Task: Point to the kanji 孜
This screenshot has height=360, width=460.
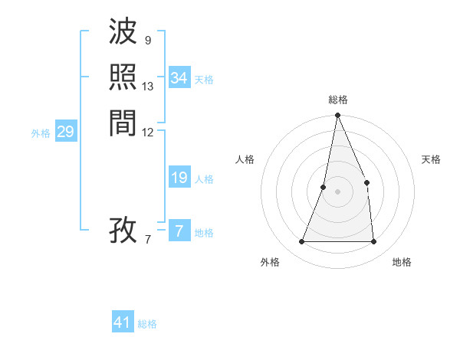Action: click(123, 229)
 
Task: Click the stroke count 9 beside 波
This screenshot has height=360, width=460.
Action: click(147, 41)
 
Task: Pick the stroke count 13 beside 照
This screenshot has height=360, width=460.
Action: click(148, 86)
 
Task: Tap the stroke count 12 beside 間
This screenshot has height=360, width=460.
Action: click(148, 132)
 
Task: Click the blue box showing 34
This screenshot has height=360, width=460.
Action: click(179, 78)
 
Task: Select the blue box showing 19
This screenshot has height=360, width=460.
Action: click(179, 178)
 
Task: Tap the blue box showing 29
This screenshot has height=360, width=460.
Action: click(65, 132)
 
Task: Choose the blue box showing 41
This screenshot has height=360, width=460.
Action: click(123, 322)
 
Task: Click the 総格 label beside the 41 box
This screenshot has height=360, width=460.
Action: click(147, 324)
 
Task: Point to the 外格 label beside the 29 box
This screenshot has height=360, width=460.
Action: click(41, 133)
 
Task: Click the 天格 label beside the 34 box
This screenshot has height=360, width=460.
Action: click(204, 80)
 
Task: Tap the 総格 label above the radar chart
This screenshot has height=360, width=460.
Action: click(337, 100)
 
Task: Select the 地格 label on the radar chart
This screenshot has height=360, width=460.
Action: click(402, 262)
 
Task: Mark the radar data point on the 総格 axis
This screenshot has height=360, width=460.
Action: click(337, 116)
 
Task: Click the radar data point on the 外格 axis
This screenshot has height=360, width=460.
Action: click(302, 242)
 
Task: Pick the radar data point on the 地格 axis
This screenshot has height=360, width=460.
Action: click(374, 242)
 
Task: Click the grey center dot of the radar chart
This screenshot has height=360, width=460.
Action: click(337, 191)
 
